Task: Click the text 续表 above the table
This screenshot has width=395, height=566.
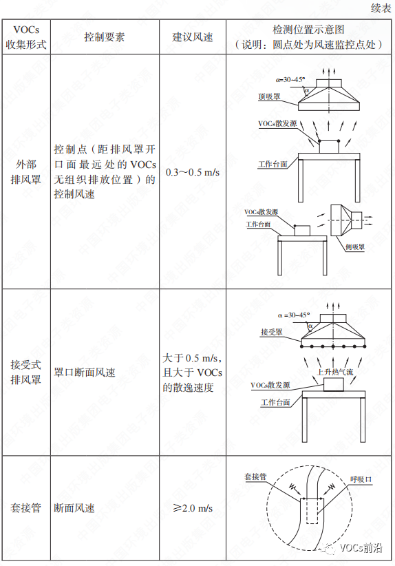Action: (379, 8)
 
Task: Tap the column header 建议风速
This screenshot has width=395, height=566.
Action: (192, 37)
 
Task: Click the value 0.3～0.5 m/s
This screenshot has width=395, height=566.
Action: (192, 171)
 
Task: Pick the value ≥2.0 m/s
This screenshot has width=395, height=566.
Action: (192, 509)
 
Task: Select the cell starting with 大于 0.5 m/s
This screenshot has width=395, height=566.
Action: (192, 373)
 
